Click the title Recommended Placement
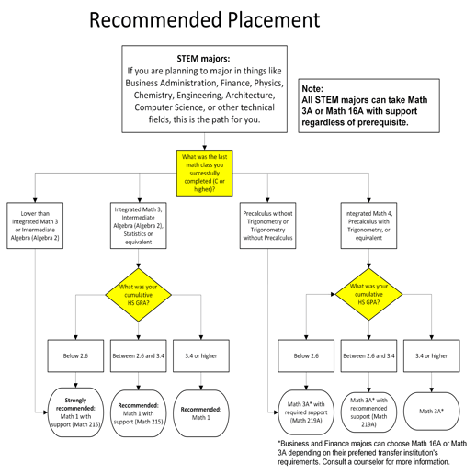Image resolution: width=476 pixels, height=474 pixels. pos(204,19)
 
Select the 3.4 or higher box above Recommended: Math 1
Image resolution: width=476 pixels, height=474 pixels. pos(201,355)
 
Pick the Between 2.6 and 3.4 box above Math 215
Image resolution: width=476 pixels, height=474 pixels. pos(139,355)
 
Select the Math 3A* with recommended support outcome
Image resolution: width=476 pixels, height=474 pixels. pos(368,408)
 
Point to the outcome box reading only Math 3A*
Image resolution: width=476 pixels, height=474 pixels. pos(432,410)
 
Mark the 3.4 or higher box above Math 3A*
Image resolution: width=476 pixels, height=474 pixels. pos(432,355)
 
